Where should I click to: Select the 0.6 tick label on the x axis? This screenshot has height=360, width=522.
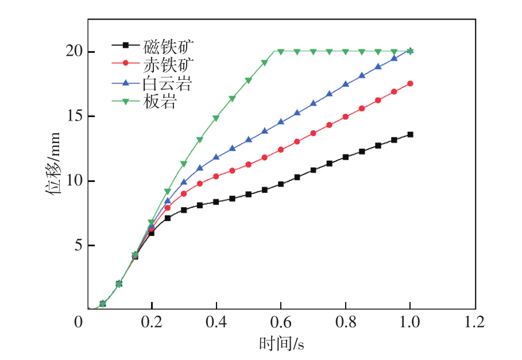coord(281,322)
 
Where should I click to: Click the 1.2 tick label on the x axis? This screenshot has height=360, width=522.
coord(474,322)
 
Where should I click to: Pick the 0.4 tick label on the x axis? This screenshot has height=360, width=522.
coord(216,322)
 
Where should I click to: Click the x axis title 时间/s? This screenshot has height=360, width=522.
coord(281,344)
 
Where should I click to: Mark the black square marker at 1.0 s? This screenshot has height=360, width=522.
coord(410,134)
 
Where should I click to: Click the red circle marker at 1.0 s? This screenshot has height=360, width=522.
coord(410,83)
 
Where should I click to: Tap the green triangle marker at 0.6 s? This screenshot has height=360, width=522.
coord(281,52)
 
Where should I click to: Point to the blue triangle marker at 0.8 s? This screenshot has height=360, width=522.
coord(346,84)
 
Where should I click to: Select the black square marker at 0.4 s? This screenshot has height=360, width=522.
coord(216,202)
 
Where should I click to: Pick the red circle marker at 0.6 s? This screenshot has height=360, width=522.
coord(281,150)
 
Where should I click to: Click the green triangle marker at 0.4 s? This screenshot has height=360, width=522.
coord(216,118)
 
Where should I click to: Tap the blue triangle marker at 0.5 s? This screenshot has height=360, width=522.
coord(249,140)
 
